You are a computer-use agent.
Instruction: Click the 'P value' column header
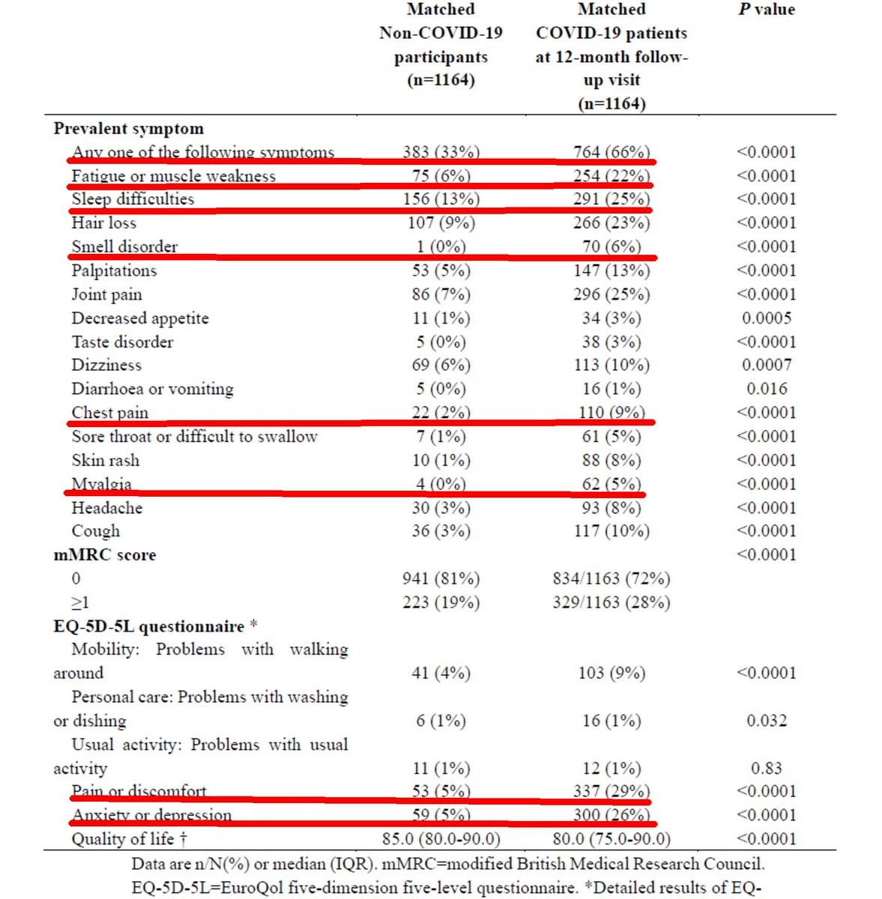point(766,10)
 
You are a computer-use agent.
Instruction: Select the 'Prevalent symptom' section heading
point(128,129)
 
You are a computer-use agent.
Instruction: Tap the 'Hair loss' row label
point(103,223)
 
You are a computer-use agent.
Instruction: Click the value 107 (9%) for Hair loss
point(441,223)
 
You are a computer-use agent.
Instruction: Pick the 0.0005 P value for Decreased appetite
point(766,318)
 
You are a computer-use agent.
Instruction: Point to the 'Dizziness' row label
point(106,366)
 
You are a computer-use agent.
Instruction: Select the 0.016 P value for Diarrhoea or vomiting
point(766,390)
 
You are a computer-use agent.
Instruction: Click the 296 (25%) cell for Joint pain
point(611,294)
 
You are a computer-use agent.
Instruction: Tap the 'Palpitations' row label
point(114,270)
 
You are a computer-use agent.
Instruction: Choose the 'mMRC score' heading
point(105,555)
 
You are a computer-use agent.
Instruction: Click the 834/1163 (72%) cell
point(611,579)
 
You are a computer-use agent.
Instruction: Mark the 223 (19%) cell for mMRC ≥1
point(441,603)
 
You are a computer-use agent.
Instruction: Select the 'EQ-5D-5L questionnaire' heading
point(149,626)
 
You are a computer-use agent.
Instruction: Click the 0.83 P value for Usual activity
point(766,769)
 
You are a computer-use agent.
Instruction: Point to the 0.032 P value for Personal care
point(766,721)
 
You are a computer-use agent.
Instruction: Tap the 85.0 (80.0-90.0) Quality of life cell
point(441,840)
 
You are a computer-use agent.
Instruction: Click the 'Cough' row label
point(95,531)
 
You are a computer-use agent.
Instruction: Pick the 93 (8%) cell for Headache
point(611,508)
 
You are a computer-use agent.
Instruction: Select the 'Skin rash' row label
point(105,461)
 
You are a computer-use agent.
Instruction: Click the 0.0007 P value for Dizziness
point(766,366)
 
